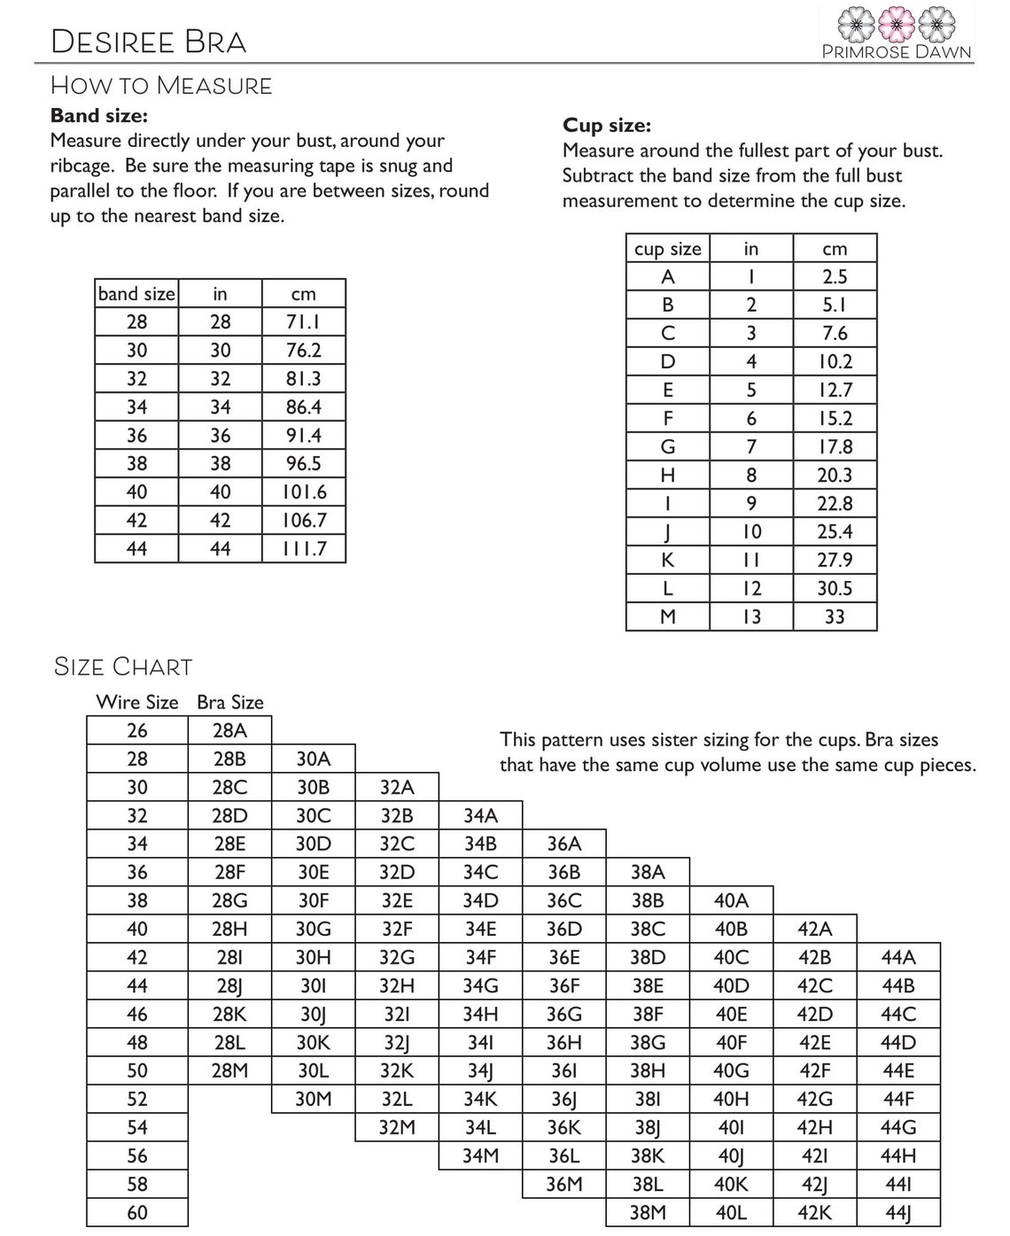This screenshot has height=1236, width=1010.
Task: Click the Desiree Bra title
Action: [149, 42]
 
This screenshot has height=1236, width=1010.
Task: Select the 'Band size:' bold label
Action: [98, 115]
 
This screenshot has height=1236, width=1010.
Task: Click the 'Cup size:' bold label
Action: [607, 125]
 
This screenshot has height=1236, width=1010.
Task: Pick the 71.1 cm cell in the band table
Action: [303, 322]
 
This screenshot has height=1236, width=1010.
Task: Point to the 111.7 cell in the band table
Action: [303, 549]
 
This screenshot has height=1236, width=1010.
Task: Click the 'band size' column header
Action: [136, 294]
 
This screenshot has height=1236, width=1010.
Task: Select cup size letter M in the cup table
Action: [668, 617]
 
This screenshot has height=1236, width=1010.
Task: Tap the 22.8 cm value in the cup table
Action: [834, 504]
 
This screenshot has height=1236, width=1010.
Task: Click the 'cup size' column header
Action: [667, 249]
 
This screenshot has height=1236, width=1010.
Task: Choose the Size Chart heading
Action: [123, 666]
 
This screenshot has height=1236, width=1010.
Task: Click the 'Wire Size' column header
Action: [137, 702]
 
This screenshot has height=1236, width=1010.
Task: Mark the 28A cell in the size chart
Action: [229, 730]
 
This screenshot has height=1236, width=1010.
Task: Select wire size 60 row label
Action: [137, 1212]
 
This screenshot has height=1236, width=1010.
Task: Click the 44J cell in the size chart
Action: [897, 1212]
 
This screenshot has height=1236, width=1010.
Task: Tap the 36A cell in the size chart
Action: [563, 844]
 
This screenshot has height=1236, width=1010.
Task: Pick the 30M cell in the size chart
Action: [313, 1099]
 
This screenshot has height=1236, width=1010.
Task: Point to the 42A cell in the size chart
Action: [814, 929]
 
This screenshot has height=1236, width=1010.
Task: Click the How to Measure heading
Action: [161, 86]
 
